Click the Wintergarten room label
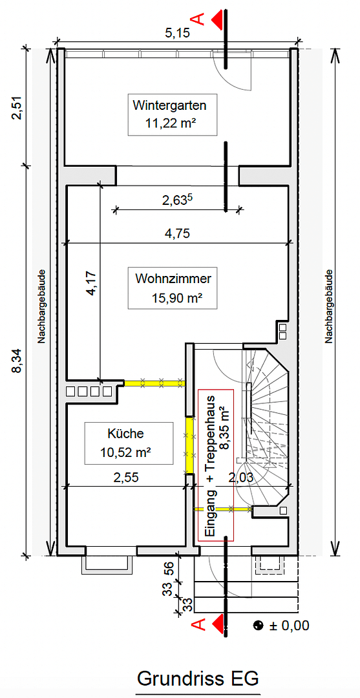171,114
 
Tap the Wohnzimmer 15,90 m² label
173,288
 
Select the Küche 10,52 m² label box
129,443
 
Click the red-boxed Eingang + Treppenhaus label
216,465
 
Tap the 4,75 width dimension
177,234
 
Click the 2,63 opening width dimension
177,200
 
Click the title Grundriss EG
198,679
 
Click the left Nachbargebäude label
41,305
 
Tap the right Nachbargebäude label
329,305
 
